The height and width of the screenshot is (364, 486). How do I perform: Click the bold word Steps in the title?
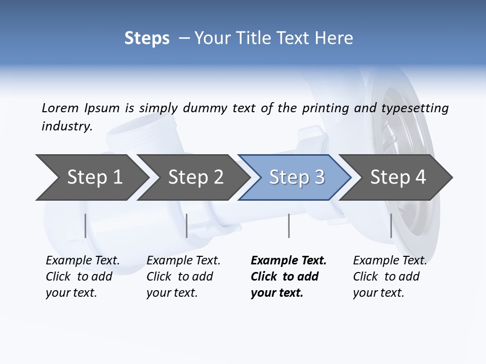(147, 38)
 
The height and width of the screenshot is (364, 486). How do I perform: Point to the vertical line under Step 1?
(86, 225)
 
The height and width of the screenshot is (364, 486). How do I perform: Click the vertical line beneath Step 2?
(187, 225)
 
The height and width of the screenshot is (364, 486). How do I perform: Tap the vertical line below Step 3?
(289, 225)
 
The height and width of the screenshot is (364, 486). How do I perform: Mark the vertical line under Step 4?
(391, 225)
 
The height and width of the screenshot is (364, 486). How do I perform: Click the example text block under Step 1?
(83, 277)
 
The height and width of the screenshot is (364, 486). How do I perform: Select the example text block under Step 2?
(183, 277)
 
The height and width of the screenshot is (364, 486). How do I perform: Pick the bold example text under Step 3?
(289, 277)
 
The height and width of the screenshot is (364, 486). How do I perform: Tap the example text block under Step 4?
(390, 277)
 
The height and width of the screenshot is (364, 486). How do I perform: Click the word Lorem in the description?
(60, 108)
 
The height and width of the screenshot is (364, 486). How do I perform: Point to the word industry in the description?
(67, 126)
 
